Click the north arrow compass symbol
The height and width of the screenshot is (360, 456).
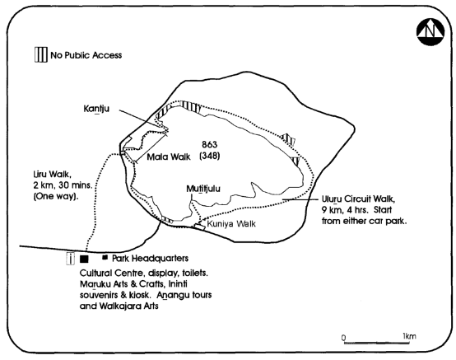click(430, 32)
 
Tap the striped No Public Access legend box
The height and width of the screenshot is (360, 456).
click(40, 54)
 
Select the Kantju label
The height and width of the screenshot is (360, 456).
click(96, 109)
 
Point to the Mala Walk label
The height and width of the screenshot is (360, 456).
click(169, 157)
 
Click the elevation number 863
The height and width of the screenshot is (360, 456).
click(209, 144)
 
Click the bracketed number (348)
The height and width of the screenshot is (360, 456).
click(209, 156)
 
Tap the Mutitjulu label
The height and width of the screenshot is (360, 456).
click(203, 189)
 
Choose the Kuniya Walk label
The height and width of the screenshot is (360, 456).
click(231, 224)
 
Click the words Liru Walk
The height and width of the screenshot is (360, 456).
click(52, 175)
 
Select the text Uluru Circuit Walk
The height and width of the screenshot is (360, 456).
click(358, 199)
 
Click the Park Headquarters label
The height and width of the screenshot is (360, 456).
click(151, 258)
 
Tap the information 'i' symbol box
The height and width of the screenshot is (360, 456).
click(71, 259)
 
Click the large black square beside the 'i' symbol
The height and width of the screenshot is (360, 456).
click(84, 259)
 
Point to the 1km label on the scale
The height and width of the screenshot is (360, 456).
click(409, 336)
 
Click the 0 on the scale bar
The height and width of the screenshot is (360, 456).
click(344, 338)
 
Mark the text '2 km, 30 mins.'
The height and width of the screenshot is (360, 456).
click(63, 185)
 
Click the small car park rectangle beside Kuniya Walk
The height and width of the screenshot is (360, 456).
click(200, 227)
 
